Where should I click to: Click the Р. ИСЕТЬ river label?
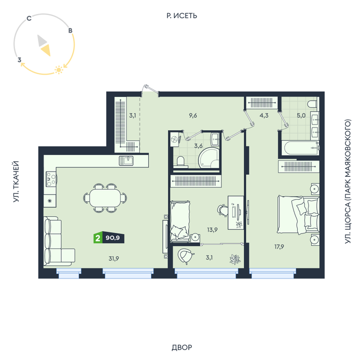pyautogui.click(x=181, y=16)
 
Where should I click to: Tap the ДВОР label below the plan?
pyautogui.click(x=181, y=347)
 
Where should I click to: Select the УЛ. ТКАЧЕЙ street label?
pyautogui.click(x=16, y=181)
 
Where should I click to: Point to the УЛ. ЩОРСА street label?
pyautogui.click(x=348, y=181)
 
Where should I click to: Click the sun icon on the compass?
pyautogui.click(x=59, y=69)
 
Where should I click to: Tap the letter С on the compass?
pyautogui.click(x=29, y=18)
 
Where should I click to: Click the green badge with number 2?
pyautogui.click(x=97, y=238)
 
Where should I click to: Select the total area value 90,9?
pyautogui.click(x=113, y=238)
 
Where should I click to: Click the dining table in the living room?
pyautogui.click(x=105, y=198)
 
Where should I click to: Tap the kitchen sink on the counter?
pyautogui.click(x=126, y=161)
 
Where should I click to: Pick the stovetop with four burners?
pyautogui.click(x=51, y=179)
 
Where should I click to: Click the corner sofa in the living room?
pyautogui.click(x=59, y=241)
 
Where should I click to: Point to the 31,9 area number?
pyautogui.click(x=114, y=258)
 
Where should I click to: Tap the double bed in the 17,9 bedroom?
pyautogui.click(x=298, y=215)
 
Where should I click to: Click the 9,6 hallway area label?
pyautogui.click(x=193, y=115)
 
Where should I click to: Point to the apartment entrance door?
pyautogui.click(x=150, y=90)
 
